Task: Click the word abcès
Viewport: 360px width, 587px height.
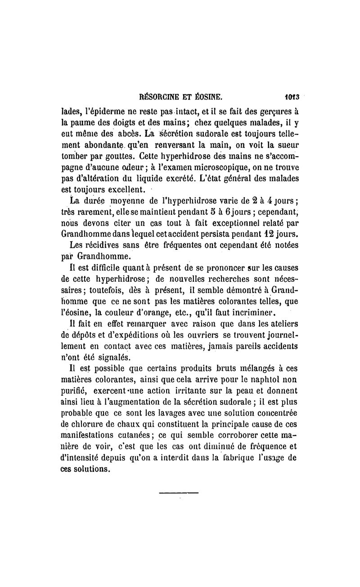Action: point(103,134)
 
